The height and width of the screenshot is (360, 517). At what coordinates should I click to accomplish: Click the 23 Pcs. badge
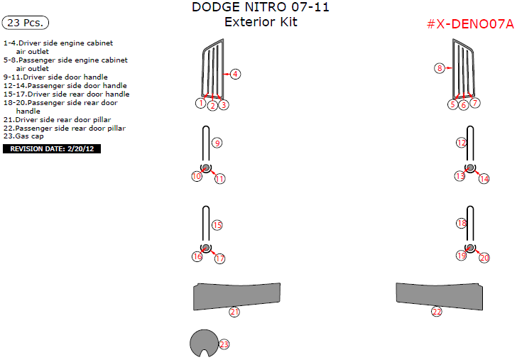click(26, 23)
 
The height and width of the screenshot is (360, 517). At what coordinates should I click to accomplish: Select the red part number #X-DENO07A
click(470, 24)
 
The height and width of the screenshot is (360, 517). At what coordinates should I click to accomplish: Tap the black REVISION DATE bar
click(52, 148)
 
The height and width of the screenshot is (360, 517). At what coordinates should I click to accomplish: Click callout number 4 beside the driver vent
click(235, 74)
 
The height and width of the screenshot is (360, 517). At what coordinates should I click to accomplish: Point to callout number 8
click(440, 68)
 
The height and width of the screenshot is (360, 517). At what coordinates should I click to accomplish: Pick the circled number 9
click(217, 143)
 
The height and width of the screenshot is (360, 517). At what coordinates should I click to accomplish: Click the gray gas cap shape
click(204, 343)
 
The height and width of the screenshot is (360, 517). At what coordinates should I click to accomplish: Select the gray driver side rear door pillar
click(236, 295)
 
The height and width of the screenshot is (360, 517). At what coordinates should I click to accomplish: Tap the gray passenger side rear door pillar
click(439, 295)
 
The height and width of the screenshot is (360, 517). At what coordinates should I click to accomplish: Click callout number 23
click(224, 344)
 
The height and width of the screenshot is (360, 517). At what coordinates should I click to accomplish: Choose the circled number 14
click(484, 179)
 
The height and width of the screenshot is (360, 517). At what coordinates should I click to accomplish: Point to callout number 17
click(220, 258)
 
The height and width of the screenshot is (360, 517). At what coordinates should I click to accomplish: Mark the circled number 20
click(484, 258)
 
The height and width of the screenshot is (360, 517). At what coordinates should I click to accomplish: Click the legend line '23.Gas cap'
click(23, 136)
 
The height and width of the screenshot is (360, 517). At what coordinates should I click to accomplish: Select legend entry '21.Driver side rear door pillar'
click(57, 120)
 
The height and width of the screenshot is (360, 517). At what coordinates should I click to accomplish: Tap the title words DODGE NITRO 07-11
click(261, 7)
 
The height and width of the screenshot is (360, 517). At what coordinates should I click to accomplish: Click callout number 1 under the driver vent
click(201, 103)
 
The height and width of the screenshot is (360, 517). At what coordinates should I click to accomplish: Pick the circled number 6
click(464, 105)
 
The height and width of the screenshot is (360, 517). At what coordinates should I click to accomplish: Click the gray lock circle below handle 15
click(206, 248)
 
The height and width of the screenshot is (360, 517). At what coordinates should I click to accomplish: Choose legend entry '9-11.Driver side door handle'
click(55, 77)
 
